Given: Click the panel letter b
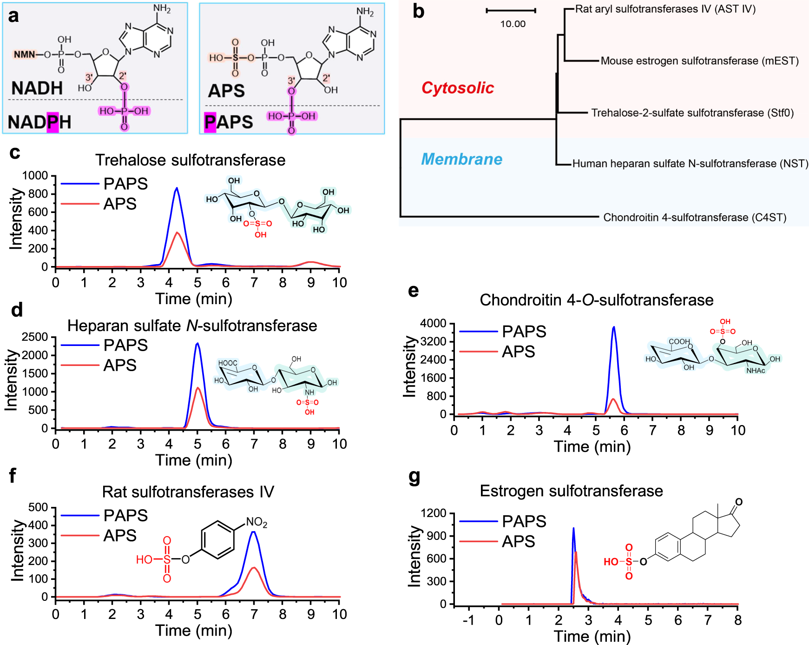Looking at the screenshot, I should pos(418,12).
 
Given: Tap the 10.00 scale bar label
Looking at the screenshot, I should pos(513,24).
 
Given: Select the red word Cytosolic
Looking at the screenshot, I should pos(457,88).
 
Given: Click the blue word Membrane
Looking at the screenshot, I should pos(461,159).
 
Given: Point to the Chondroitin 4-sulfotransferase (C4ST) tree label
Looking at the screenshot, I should pos(694,218).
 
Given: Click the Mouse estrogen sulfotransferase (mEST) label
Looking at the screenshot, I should pos(699,61).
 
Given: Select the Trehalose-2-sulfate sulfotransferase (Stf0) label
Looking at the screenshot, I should pos(692,113).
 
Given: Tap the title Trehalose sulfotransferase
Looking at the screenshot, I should pos(190,160).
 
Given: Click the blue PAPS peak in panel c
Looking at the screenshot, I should pos(177,188).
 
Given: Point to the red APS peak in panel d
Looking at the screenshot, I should pos(198,388).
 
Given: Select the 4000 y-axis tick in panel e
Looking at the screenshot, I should pos(433,323).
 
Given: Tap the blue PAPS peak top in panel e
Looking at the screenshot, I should pos(614,327).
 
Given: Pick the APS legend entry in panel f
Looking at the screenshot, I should pos(119,536).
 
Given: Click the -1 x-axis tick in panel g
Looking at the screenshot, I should pos(468,620).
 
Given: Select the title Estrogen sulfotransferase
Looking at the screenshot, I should pos(571,491).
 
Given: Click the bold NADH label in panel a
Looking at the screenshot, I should pos(37,88).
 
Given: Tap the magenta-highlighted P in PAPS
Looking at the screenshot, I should pos(210,122).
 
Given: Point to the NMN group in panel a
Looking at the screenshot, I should pos(24,55).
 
